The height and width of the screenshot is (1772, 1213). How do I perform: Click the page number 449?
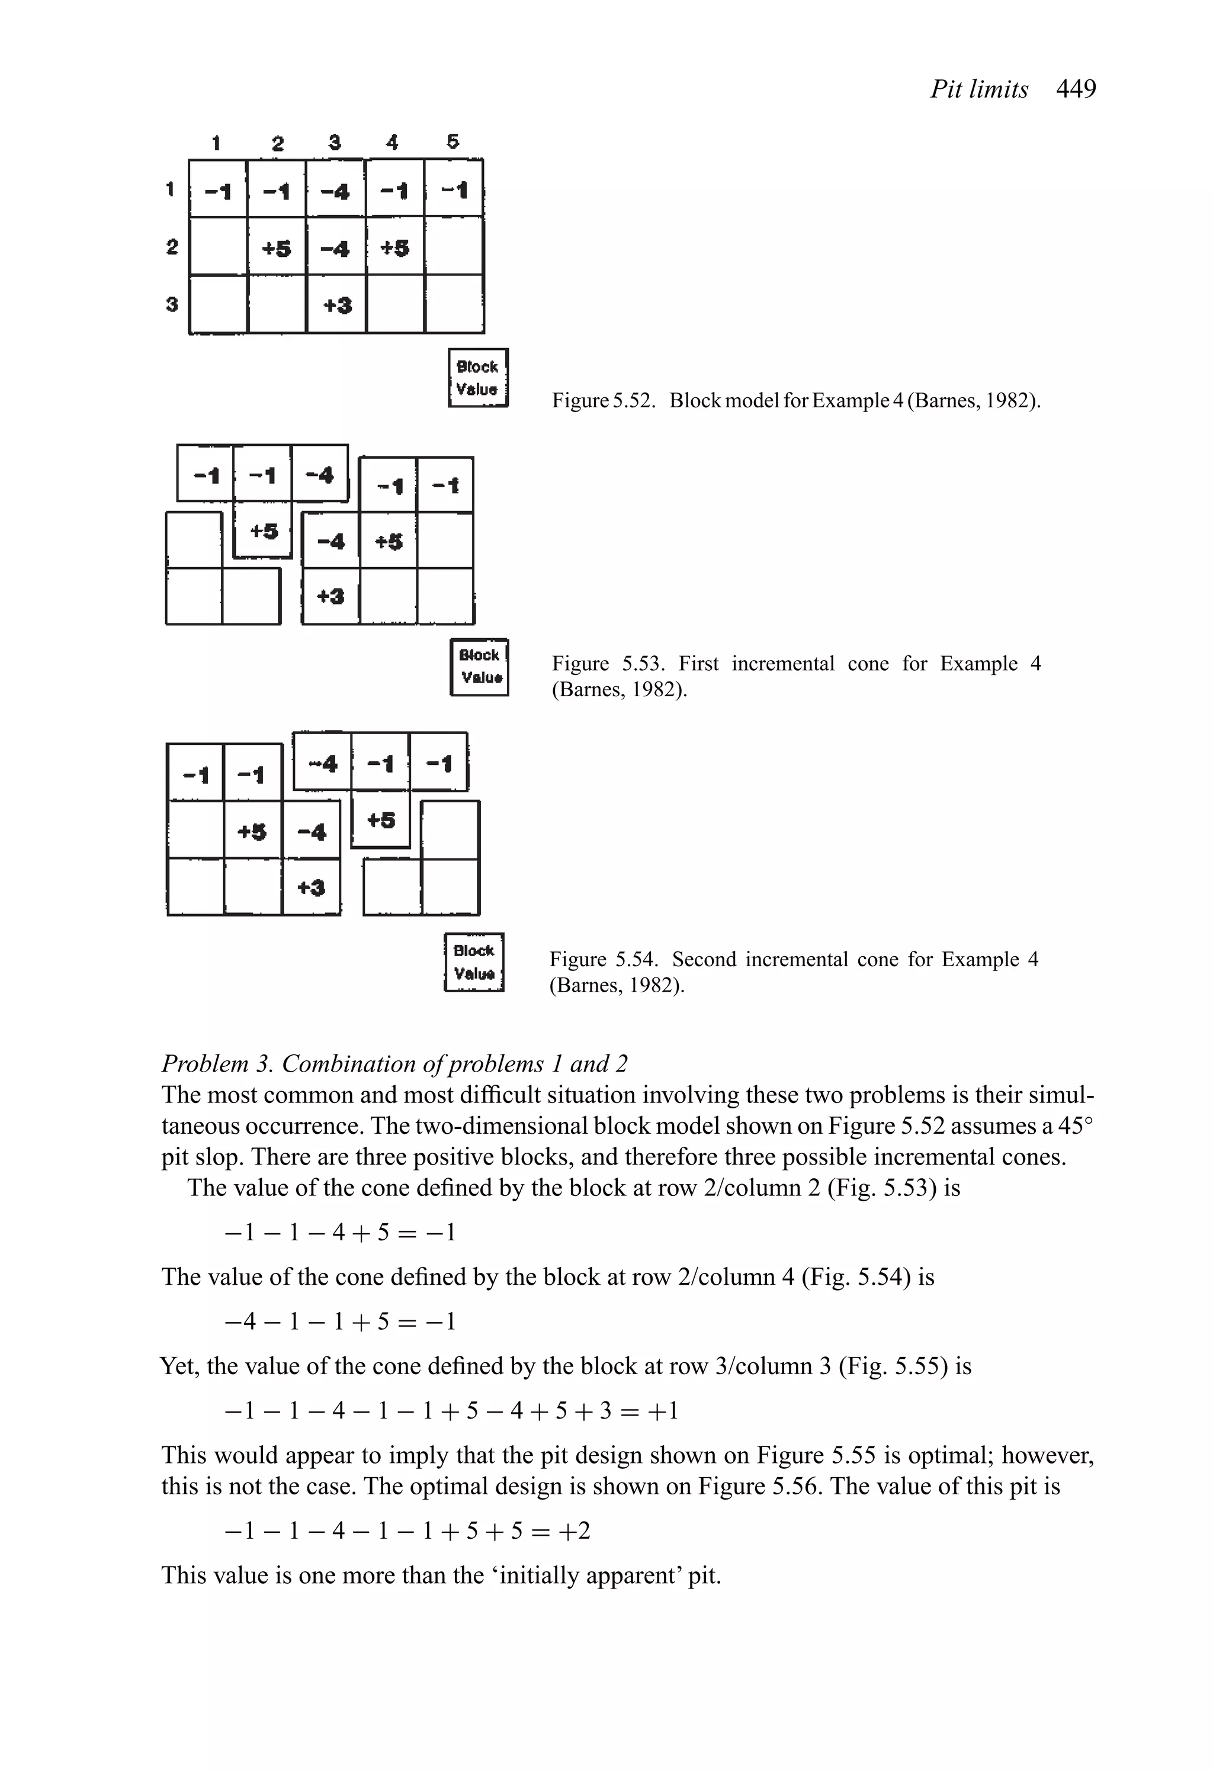pos(1076,90)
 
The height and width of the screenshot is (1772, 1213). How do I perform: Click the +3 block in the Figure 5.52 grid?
pos(336,305)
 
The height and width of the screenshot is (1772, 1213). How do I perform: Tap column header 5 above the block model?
pos(453,142)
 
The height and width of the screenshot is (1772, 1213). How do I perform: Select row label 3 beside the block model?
pos(172,304)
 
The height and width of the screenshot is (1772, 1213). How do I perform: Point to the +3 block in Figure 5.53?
pos(330,596)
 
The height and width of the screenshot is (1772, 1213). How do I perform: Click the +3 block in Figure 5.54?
pos(312,887)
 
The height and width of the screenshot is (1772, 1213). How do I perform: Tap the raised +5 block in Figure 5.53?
pos(263,530)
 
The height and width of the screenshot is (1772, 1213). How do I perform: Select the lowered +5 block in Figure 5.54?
pos(381,821)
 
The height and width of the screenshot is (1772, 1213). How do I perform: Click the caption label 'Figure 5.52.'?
pos(604,400)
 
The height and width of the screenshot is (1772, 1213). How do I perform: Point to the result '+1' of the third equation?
pos(662,1411)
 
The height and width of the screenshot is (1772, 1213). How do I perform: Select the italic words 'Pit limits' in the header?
pos(979,90)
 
